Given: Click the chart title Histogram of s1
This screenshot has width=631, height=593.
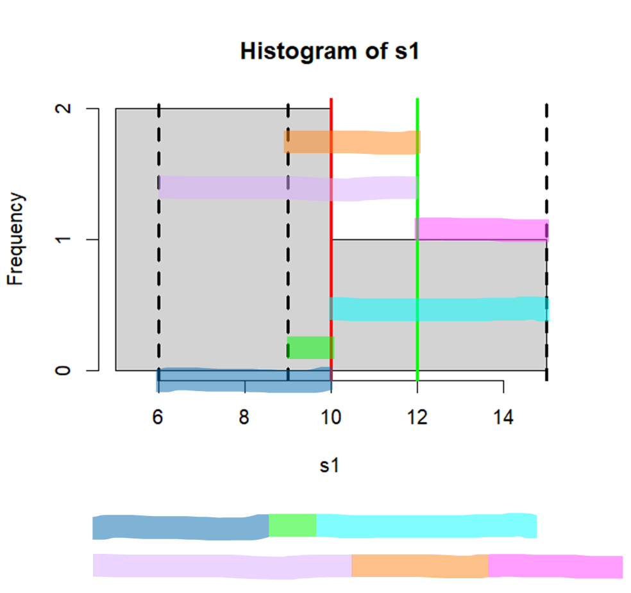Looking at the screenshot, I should (x=329, y=51).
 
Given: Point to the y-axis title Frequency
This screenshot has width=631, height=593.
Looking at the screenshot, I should (x=17, y=238).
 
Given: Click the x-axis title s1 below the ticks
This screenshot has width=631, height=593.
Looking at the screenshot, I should (x=329, y=466).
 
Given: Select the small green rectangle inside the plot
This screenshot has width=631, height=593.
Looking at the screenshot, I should (x=310, y=347).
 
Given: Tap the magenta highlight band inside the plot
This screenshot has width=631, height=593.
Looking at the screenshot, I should (x=481, y=229).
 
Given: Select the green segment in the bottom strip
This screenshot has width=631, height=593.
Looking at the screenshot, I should (x=292, y=525).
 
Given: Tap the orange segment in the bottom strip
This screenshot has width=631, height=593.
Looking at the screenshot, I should (x=419, y=565).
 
